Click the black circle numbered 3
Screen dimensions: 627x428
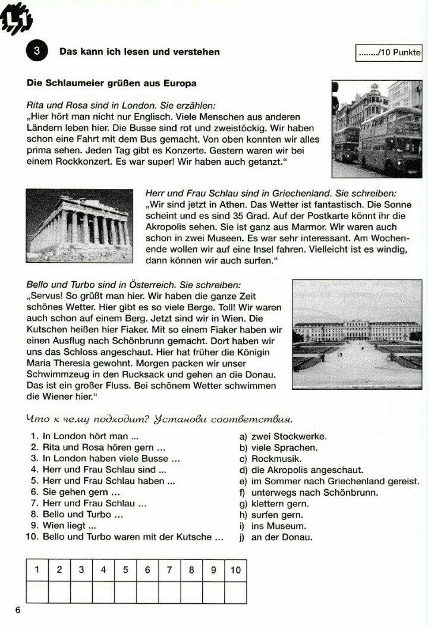pyautogui.click(x=36, y=52)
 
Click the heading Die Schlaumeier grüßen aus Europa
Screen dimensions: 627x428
pyautogui.click(x=112, y=83)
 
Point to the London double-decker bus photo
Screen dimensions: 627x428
pyautogui.click(x=377, y=128)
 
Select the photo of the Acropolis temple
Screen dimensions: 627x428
pyautogui.click(x=79, y=225)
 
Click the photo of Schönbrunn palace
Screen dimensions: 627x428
pyautogui.click(x=357, y=334)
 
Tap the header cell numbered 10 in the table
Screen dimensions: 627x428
pyautogui.click(x=236, y=570)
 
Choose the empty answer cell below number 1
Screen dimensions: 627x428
pyautogui.click(x=37, y=592)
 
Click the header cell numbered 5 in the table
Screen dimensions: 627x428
pyautogui.click(x=125, y=570)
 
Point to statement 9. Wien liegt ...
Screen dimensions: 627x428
pyautogui.click(x=63, y=526)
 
